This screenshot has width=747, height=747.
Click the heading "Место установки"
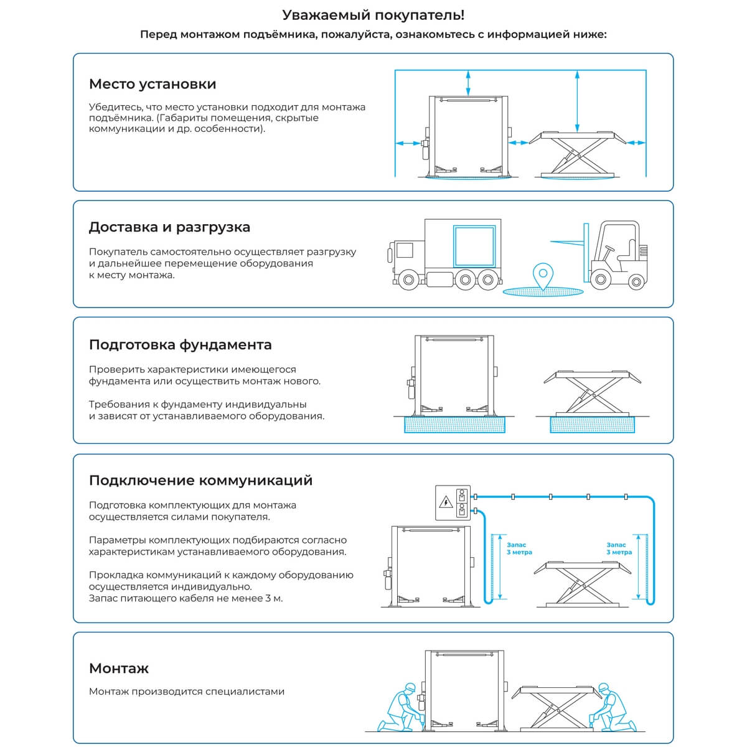(x=153, y=84)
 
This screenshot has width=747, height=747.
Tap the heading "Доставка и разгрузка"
(x=169, y=227)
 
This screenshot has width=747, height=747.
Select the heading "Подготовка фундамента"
(x=181, y=345)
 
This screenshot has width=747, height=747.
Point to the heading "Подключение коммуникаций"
(x=200, y=481)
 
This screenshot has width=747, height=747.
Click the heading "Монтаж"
(x=119, y=669)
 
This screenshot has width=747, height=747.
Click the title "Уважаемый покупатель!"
(x=374, y=16)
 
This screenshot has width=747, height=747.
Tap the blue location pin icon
(x=544, y=275)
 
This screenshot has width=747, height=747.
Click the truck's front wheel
(x=408, y=280)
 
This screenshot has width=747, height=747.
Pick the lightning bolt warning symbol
(x=446, y=502)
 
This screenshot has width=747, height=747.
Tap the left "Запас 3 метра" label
(x=519, y=548)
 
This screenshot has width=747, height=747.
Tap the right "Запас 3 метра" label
(x=619, y=548)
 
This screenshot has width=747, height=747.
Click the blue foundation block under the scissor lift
(x=592, y=425)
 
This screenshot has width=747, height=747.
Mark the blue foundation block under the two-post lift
(x=454, y=425)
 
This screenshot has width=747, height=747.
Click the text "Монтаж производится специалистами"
(x=187, y=692)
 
